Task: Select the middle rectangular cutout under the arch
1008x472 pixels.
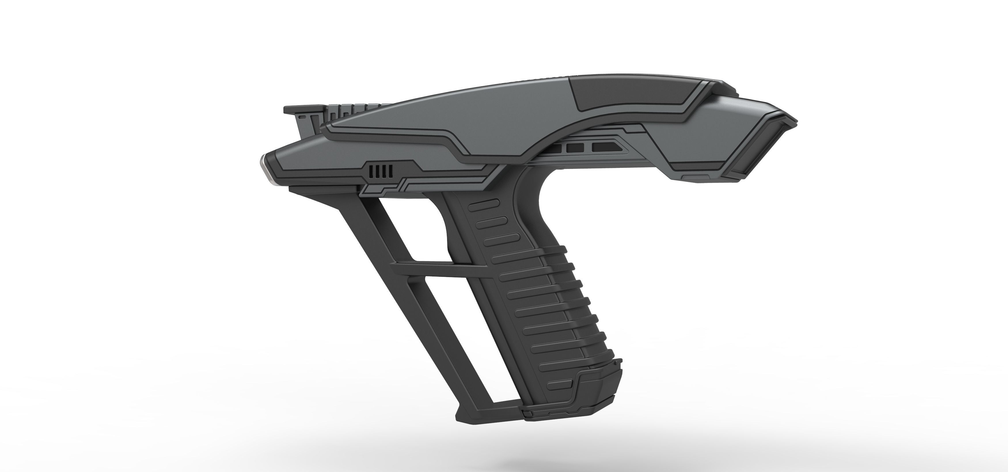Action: coord(575,148)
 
